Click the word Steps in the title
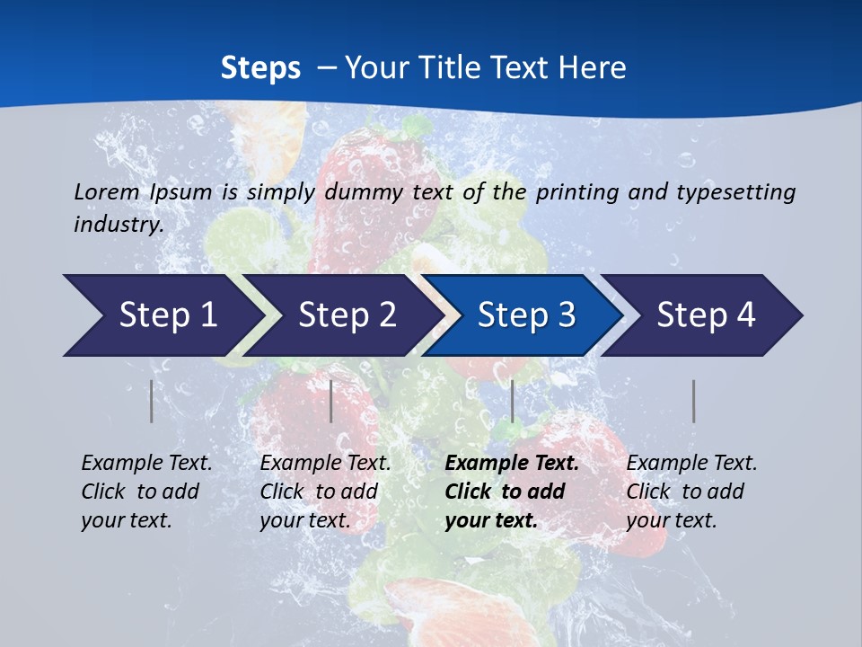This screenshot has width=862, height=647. click(x=260, y=68)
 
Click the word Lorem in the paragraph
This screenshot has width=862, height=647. click(x=106, y=191)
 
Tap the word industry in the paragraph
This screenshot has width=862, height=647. click(x=119, y=224)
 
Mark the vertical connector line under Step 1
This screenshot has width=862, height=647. click(x=151, y=401)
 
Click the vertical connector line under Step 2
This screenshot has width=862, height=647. click(x=331, y=401)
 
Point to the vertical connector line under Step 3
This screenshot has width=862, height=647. click(x=512, y=401)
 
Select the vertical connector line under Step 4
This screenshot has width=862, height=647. click(x=693, y=401)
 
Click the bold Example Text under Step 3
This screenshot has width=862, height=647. click(x=512, y=464)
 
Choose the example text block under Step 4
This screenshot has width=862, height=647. click(x=691, y=492)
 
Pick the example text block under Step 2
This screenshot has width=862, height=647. click(x=325, y=492)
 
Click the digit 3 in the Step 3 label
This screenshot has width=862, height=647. click(x=565, y=315)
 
